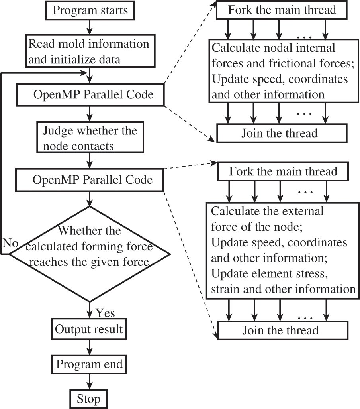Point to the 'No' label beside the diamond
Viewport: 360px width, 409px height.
(10, 243)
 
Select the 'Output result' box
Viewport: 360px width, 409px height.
(89, 330)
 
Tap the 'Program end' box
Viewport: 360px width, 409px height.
(89, 364)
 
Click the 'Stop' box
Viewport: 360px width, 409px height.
(89, 399)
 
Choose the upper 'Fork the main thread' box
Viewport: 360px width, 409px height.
(282, 10)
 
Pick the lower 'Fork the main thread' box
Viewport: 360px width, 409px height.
(282, 172)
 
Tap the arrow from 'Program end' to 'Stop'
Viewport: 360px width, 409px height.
(89, 381)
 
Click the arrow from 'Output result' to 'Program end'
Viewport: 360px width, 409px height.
(89, 347)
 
